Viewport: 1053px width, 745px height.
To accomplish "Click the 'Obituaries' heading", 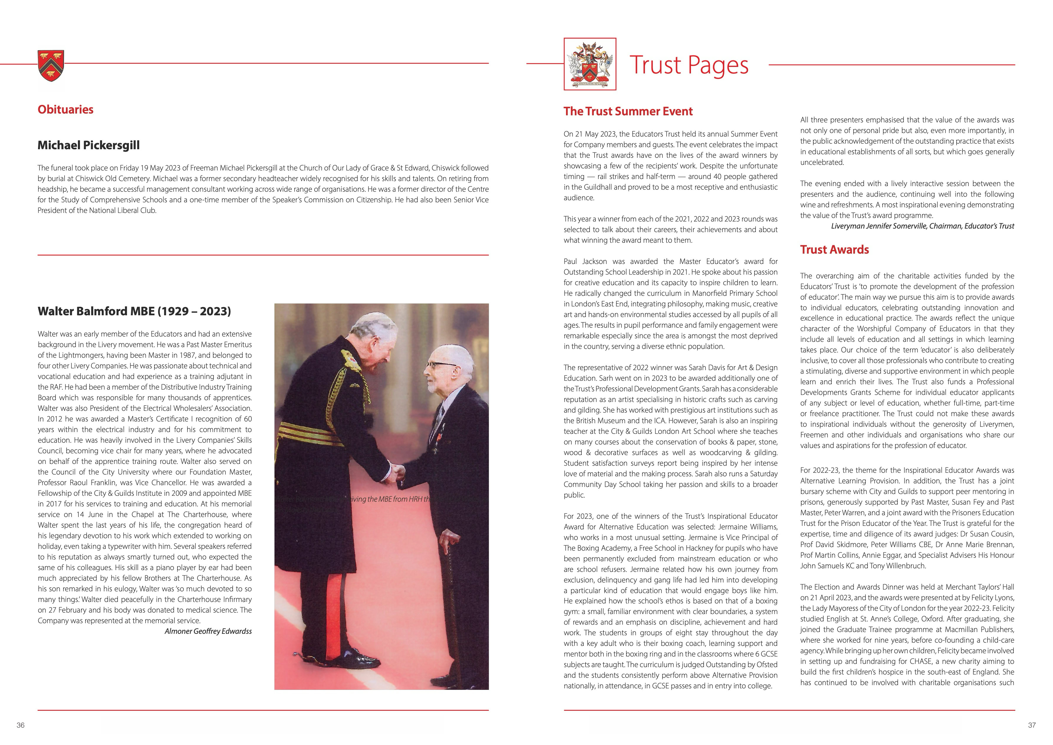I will (x=65, y=110).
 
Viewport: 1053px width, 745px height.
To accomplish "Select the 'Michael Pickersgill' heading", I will (x=88, y=145).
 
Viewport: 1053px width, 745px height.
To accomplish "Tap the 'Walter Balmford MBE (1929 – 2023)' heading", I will (x=134, y=311).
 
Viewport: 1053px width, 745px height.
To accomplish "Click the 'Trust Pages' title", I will (x=689, y=65).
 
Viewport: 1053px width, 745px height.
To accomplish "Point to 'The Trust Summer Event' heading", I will (x=628, y=111).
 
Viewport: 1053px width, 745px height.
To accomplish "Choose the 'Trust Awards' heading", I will (x=834, y=250).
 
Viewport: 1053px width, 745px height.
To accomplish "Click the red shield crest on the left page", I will (x=51, y=65).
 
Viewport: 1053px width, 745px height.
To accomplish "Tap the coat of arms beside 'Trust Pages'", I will (x=590, y=64).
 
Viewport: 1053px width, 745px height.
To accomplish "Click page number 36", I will (x=21, y=725).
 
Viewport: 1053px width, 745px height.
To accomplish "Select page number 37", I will (x=1031, y=725).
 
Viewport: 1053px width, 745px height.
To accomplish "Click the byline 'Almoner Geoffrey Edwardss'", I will (x=208, y=631).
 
